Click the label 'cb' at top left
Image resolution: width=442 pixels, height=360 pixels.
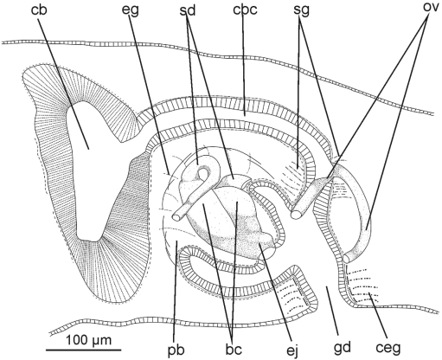(39, 10)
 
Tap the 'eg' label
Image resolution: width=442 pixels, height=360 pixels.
(130, 10)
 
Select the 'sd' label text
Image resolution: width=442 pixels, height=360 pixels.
(187, 10)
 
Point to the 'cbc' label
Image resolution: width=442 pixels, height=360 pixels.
(245, 10)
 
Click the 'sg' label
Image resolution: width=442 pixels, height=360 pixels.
(301, 10)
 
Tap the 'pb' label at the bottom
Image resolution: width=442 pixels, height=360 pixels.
(176, 350)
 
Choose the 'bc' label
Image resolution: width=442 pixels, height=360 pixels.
(234, 350)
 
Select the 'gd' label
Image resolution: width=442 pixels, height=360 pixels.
(343, 349)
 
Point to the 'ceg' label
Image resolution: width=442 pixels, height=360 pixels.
(388, 349)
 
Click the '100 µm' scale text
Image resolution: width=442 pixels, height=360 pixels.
(88, 340)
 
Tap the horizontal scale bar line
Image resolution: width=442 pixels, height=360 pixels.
(83, 350)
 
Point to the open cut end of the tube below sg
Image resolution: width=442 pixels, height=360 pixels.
(296, 214)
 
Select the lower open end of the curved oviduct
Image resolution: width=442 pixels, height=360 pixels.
(347, 258)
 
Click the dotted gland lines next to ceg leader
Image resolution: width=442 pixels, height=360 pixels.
(362, 286)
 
